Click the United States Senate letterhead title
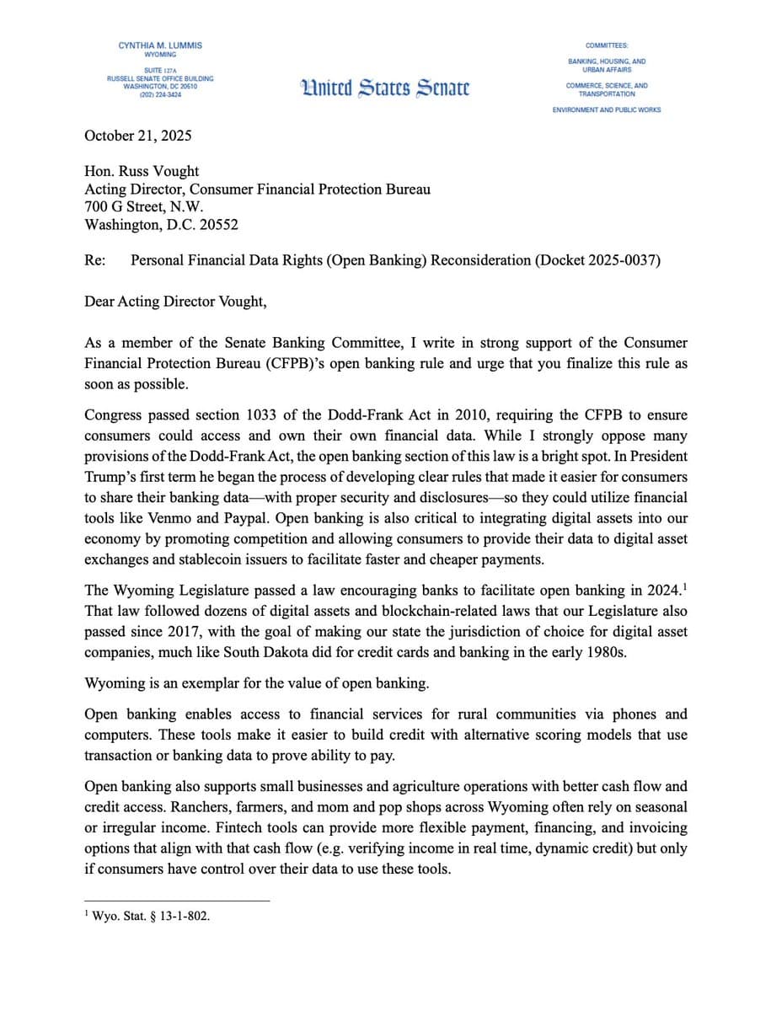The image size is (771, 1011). (x=385, y=87)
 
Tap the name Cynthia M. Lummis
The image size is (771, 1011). (x=160, y=45)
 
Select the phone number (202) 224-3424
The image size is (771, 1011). (x=160, y=95)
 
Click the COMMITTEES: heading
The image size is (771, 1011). (x=607, y=45)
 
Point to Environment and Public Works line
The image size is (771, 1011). (x=607, y=110)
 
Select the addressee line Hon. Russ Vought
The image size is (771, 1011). (x=142, y=171)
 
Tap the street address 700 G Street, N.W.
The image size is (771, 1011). (x=144, y=206)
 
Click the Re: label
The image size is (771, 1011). (x=94, y=260)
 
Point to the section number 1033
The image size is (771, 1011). (x=264, y=415)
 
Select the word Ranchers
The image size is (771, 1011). (x=114, y=806)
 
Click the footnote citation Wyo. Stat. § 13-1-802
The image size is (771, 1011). (x=151, y=917)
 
